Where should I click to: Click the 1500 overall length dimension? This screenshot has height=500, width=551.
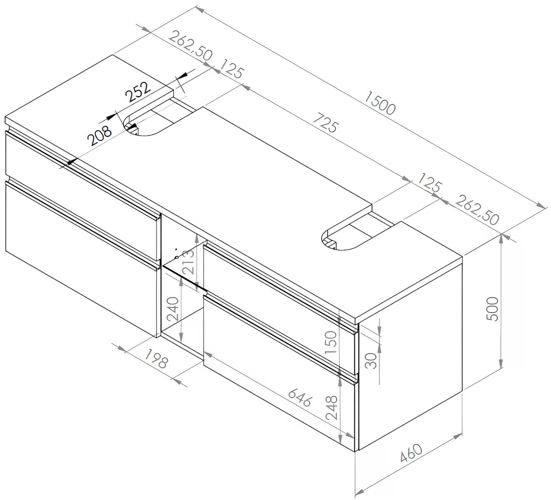pyautogui.click(x=380, y=103)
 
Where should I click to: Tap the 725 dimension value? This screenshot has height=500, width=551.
pyautogui.click(x=326, y=122)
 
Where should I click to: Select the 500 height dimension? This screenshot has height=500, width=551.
pyautogui.click(x=492, y=309)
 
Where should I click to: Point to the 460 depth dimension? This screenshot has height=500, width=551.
pyautogui.click(x=411, y=453)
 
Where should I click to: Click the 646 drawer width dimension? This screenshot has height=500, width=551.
pyautogui.click(x=300, y=397)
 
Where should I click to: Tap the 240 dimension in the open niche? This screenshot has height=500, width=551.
pyautogui.click(x=173, y=309)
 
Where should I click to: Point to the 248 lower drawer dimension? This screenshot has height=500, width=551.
pyautogui.click(x=331, y=408)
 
